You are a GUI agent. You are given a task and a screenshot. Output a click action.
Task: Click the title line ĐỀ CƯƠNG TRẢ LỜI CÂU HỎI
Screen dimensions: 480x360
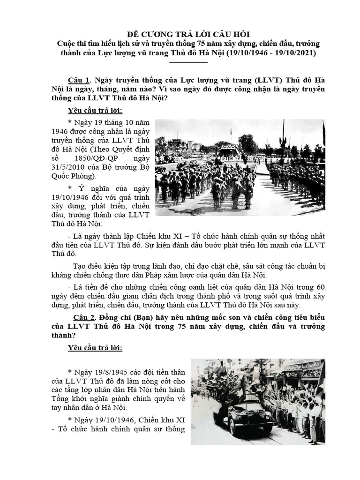(180, 34)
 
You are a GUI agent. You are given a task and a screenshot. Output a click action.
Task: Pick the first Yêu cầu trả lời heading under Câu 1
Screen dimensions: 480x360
(95, 111)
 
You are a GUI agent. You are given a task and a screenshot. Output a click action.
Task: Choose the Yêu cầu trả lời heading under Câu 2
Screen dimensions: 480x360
(95, 348)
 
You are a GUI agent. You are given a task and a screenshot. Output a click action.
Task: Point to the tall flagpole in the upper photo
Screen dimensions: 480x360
(283, 136)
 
